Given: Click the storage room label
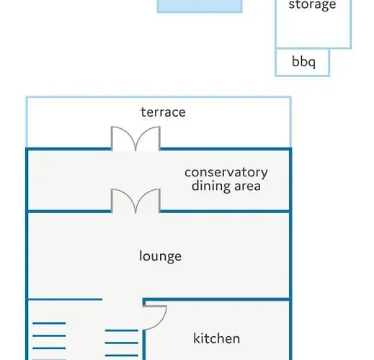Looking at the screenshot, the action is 312,5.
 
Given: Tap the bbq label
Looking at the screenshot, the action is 303,62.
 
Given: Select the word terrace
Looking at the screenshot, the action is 163,112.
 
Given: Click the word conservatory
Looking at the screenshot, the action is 226,173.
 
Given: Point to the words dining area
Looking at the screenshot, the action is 226,186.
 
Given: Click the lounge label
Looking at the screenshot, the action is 160,256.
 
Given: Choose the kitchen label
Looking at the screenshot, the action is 216,338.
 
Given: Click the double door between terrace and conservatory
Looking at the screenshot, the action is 135,138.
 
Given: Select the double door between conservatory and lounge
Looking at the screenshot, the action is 135,201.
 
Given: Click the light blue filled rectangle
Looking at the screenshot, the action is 200,6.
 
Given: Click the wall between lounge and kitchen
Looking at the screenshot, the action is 217,300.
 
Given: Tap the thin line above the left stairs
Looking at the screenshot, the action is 66,300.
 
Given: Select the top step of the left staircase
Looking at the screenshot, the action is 49,323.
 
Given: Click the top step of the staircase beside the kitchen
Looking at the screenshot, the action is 122,330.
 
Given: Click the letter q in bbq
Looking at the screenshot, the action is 311,63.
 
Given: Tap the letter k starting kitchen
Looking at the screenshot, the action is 197,338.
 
